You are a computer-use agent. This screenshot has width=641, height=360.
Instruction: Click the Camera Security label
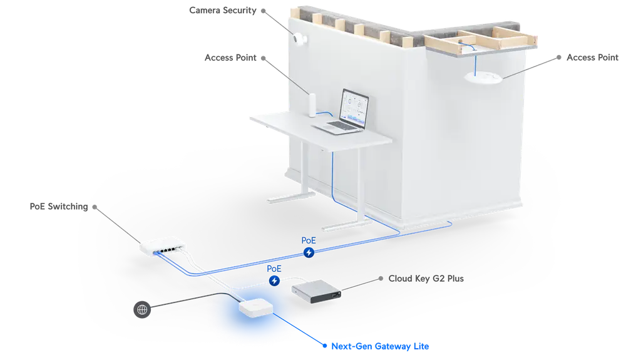pyautogui.click(x=223, y=10)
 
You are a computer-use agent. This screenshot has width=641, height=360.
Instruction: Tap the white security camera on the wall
pyautogui.click(x=300, y=39)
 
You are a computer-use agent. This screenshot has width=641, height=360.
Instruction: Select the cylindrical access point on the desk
pyautogui.click(x=312, y=105)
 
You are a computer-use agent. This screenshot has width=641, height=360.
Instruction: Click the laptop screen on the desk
pyautogui.click(x=355, y=106)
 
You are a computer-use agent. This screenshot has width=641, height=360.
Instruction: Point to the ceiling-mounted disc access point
pyautogui.click(x=483, y=77)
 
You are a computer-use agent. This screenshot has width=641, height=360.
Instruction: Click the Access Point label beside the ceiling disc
pyautogui.click(x=592, y=58)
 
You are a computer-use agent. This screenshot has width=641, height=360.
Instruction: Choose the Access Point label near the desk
pyautogui.click(x=230, y=58)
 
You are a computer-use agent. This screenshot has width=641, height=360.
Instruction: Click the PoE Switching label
pyautogui.click(x=59, y=207)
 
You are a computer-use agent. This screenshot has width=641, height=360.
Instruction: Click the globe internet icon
pyautogui.click(x=142, y=310)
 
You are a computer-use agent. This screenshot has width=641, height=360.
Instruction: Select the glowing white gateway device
pyautogui.click(x=256, y=308)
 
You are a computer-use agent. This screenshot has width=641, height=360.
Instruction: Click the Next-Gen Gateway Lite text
pyautogui.click(x=380, y=346)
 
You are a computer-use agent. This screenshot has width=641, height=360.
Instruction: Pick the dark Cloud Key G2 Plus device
pyautogui.click(x=316, y=291)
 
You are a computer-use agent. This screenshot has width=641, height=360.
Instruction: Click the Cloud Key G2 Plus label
pyautogui.click(x=426, y=279)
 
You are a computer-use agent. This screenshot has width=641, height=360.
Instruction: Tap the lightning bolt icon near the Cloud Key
pyautogui.click(x=274, y=280)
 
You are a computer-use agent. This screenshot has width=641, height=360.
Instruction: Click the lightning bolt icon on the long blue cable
pyautogui.click(x=309, y=252)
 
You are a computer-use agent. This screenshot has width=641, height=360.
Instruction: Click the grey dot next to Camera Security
pyautogui.click(x=264, y=11)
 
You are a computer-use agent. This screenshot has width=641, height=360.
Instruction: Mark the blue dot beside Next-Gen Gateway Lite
pyautogui.click(x=325, y=346)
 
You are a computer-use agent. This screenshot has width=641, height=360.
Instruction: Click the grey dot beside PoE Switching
pyautogui.click(x=95, y=207)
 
